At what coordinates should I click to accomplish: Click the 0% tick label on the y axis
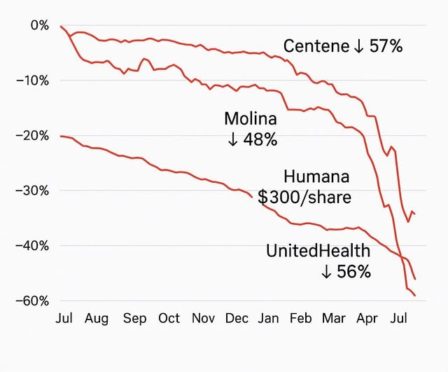tap(40, 25)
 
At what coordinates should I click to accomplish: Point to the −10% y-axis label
tap(32, 81)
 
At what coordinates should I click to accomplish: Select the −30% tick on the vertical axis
tap(32, 191)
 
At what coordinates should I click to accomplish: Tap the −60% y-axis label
tap(32, 301)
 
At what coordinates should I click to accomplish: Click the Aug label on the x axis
tap(97, 319)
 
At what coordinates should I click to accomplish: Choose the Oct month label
tap(169, 319)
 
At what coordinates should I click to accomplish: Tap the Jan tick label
tap(269, 319)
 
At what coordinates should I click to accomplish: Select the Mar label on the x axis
tap(334, 319)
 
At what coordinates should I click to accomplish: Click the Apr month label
tap(367, 319)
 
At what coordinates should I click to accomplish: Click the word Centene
tap(316, 47)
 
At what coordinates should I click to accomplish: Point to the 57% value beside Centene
tap(387, 47)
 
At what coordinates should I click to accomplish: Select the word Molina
tap(251, 119)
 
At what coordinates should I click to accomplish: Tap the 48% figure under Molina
tap(260, 139)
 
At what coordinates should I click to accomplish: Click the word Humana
tap(316, 177)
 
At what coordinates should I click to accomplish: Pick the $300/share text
tap(304, 198)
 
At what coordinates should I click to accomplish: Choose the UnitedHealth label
tap(318, 252)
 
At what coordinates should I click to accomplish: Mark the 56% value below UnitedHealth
tap(353, 272)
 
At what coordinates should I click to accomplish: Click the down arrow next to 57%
tap(358, 47)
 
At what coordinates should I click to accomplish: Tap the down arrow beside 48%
tap(233, 139)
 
